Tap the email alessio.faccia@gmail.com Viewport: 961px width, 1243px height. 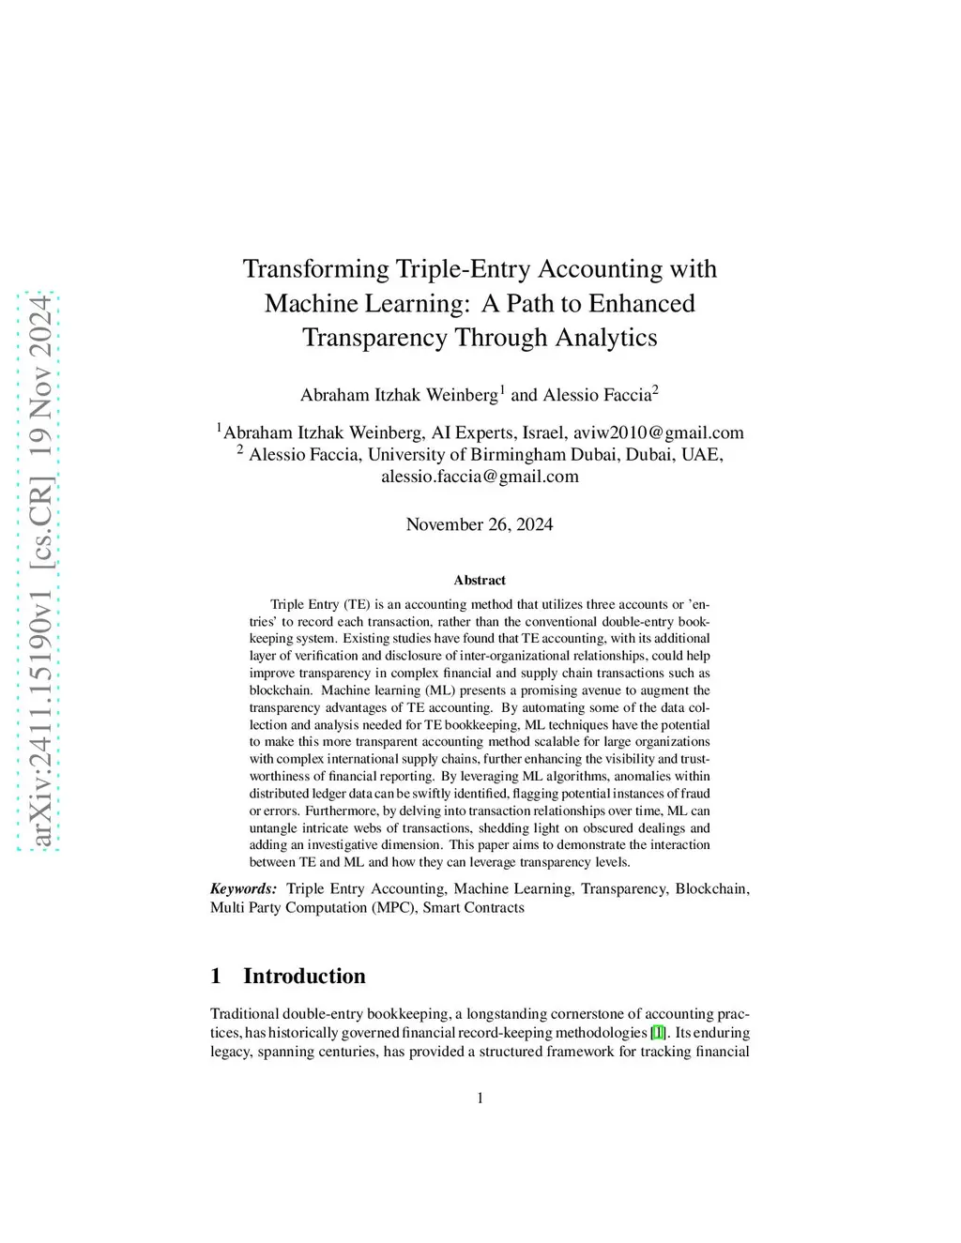(x=480, y=477)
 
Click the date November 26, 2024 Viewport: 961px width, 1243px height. (x=480, y=524)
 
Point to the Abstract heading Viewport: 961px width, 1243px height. (x=480, y=581)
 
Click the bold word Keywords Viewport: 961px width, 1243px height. (x=243, y=888)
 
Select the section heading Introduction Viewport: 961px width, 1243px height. (x=304, y=976)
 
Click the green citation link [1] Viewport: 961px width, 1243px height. (x=658, y=1033)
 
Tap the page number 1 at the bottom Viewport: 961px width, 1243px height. (x=480, y=1099)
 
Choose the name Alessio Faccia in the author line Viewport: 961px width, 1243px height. (x=597, y=395)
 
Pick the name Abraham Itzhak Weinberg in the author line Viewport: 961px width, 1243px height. (x=399, y=395)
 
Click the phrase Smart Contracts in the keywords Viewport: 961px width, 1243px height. (x=473, y=907)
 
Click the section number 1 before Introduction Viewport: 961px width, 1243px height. (x=216, y=976)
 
